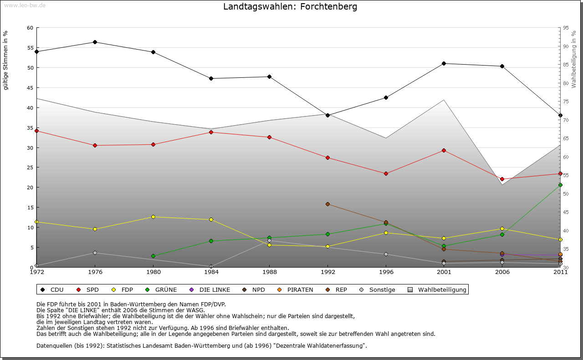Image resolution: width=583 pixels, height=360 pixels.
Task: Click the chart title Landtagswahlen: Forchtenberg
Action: pos(290,7)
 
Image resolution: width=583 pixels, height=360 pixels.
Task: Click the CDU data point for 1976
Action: pos(95,42)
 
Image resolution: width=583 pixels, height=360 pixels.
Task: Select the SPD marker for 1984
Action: pos(211,132)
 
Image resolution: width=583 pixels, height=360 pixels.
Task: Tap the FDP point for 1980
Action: pos(153,217)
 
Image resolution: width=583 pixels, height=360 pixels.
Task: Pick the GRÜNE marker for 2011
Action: pos(560,185)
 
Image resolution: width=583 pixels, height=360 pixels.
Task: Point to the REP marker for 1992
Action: pos(327,204)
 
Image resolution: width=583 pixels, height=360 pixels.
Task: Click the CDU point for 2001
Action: pos(444,63)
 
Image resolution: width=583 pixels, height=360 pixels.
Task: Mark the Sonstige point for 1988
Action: pos(269,241)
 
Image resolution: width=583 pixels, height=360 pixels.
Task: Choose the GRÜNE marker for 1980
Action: pos(153,256)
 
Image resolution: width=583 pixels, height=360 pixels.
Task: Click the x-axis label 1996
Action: pos(386,272)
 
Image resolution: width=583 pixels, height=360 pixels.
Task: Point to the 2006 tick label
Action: pos(502,272)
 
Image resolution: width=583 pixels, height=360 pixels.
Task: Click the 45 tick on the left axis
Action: pos(30,88)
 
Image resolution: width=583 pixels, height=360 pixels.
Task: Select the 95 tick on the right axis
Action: pos(566,28)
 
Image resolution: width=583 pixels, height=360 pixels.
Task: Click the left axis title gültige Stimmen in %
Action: pos(6,60)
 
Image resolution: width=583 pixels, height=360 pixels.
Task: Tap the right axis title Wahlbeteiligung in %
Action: pos(574,60)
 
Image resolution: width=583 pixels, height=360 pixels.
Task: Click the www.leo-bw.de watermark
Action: pos(25,5)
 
